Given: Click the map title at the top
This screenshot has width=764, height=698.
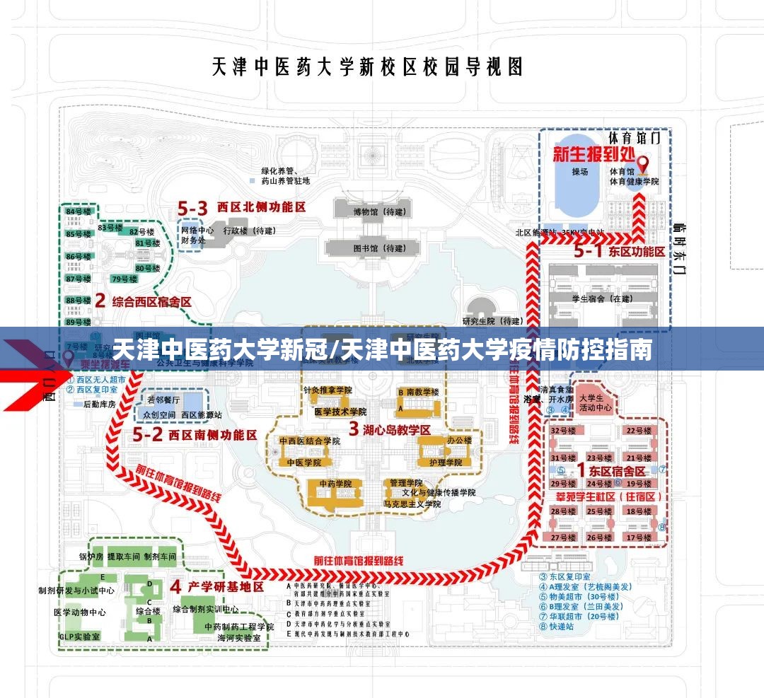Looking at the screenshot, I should click(368, 67).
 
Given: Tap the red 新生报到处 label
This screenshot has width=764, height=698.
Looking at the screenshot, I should click(594, 153).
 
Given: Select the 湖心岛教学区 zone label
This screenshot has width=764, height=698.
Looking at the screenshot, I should click(389, 429).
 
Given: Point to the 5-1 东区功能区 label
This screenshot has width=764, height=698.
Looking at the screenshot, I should click(619, 251).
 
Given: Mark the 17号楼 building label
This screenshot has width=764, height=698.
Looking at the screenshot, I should click(638, 537).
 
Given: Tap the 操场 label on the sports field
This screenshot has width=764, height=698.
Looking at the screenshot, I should click(580, 172).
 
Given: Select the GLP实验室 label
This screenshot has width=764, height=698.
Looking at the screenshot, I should click(79, 636).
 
